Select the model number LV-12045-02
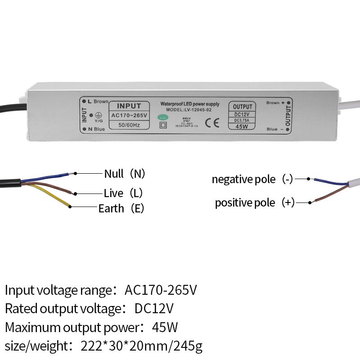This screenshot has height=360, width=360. (192, 109)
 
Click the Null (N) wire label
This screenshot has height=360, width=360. (125, 174)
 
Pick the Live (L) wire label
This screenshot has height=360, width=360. (123, 193)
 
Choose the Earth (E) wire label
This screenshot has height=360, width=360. (121, 208)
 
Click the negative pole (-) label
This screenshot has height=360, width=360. (252, 179)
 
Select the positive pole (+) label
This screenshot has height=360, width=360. (255, 202)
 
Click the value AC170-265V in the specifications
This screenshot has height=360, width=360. (161, 290)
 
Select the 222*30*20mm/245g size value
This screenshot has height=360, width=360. (142, 346)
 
